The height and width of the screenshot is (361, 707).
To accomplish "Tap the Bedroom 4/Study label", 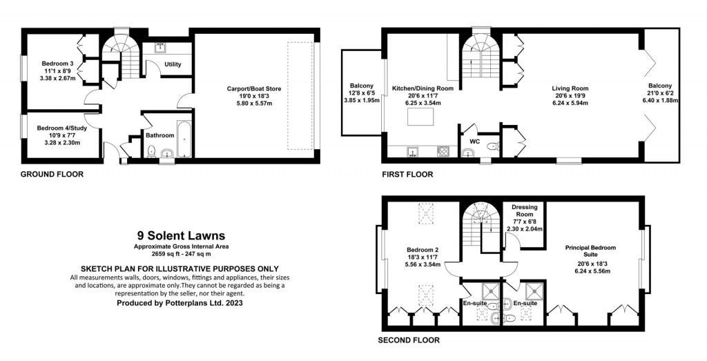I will pos(59,128).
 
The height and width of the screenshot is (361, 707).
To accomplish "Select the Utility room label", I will pos(173,64).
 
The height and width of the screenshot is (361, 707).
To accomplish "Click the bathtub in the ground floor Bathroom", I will pos(184,140).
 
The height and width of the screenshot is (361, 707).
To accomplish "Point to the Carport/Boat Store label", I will pos(253,88).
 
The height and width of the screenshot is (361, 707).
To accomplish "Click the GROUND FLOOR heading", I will pos(52,175).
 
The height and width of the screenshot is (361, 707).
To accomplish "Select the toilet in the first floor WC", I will pos(492,146).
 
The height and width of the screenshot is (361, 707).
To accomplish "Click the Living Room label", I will pos(570,88).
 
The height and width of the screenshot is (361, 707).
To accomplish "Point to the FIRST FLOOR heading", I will pos(407,175).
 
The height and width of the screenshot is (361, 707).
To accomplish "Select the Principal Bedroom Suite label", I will pos(590,251).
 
